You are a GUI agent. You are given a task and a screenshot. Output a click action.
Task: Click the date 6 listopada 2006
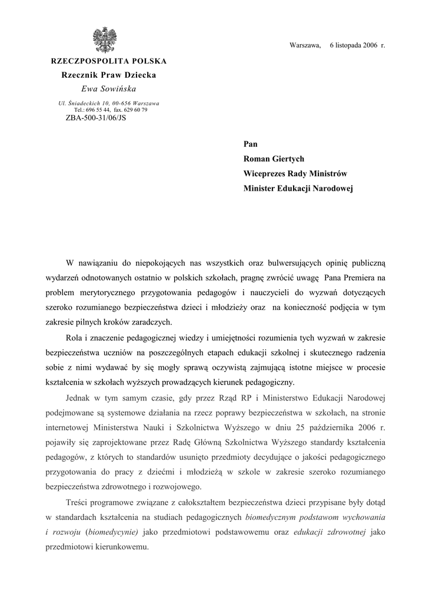point(353,45)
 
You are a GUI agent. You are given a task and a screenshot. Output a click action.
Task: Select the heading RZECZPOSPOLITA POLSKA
point(109,61)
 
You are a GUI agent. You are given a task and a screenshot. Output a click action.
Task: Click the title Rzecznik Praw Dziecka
point(109,75)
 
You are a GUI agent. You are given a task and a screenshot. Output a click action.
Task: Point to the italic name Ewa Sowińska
point(108,89)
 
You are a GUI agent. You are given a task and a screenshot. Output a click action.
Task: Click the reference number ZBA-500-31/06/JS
point(96,117)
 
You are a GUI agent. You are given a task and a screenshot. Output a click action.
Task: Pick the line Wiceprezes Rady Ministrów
point(295,174)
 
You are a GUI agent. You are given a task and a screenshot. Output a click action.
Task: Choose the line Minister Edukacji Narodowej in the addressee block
point(298,189)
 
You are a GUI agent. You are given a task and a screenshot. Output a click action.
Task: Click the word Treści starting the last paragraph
point(79,502)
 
